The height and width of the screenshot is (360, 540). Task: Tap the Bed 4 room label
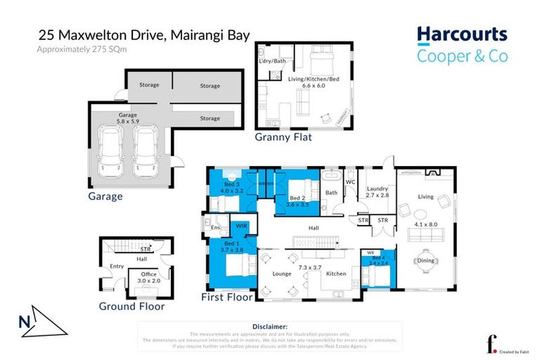pos(378,262)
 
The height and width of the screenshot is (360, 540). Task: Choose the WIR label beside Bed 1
pos(240,226)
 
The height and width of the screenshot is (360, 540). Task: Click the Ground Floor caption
pos(131,307)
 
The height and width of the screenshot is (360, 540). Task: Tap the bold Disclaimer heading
pos(269,327)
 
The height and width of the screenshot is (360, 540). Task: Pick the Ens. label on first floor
pos(216,227)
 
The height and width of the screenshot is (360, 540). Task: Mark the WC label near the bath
pos(349,182)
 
